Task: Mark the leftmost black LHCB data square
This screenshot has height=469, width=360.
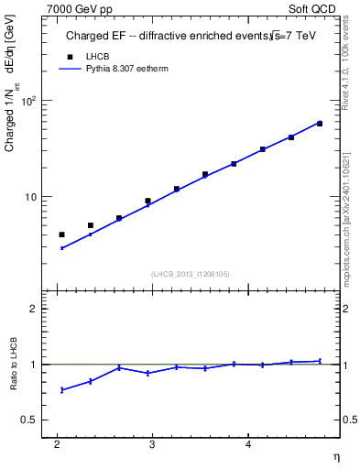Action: click(62, 234)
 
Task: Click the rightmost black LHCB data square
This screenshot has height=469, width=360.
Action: click(320, 123)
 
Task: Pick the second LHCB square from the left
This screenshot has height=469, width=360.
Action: click(91, 224)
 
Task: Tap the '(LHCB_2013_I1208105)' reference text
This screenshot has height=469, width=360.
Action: click(190, 274)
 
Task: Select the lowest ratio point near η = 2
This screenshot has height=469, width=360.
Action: click(62, 390)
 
